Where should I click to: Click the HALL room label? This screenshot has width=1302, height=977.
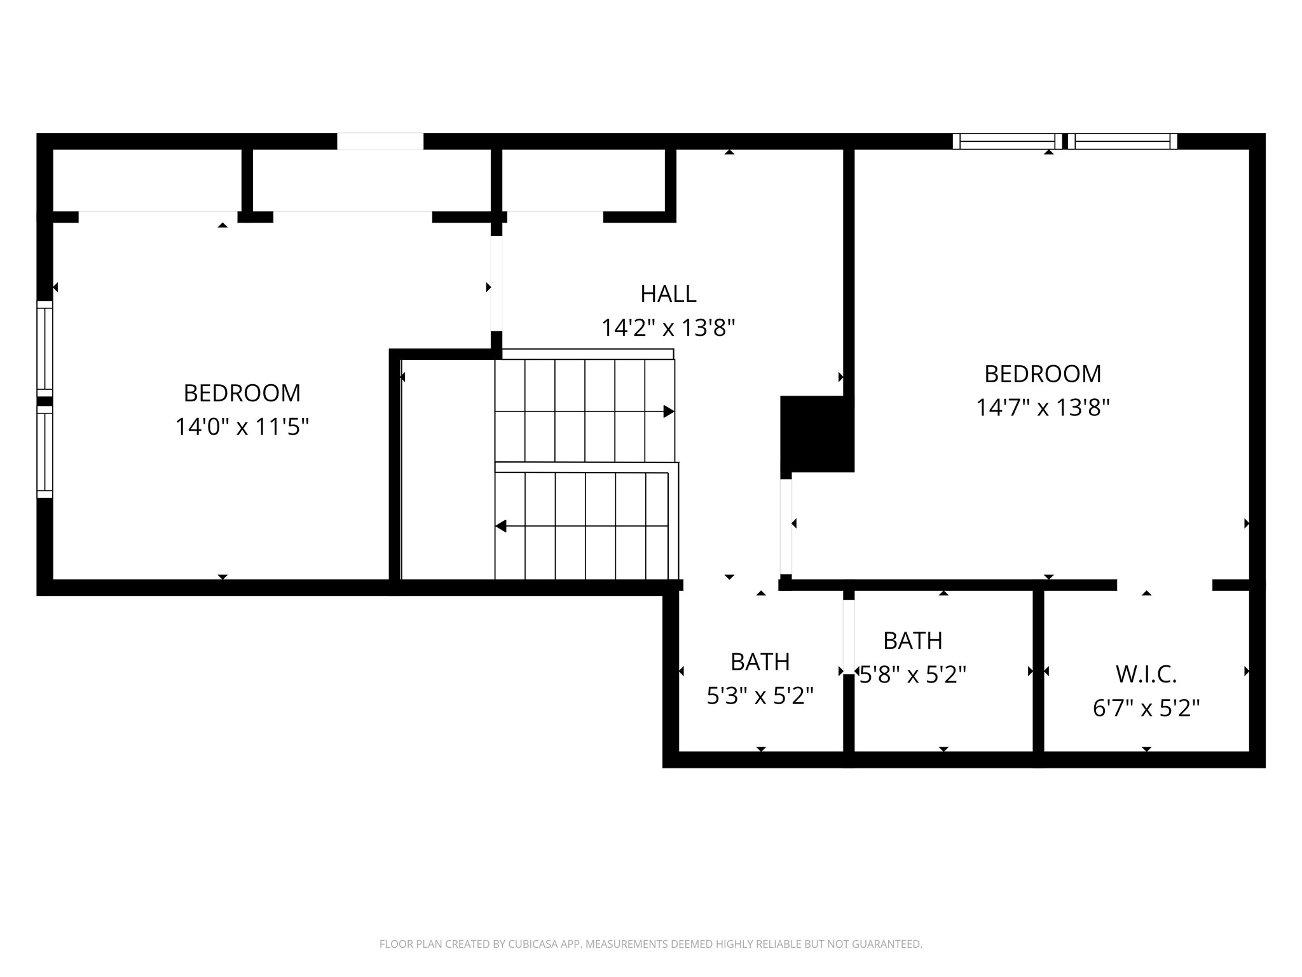click(x=668, y=294)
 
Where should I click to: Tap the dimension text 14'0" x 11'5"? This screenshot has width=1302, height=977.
click(x=242, y=427)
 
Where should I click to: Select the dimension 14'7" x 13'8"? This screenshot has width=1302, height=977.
click(x=1043, y=407)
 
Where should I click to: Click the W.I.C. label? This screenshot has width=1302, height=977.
click(x=1146, y=674)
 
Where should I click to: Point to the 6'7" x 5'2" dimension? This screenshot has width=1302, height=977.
click(x=1146, y=708)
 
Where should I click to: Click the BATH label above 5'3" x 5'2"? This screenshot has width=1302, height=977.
click(x=760, y=662)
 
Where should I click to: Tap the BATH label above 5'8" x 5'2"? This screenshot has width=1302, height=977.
click(x=912, y=641)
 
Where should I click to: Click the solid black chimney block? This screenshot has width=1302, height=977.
click(x=816, y=434)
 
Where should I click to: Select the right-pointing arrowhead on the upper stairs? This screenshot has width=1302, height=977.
click(x=668, y=412)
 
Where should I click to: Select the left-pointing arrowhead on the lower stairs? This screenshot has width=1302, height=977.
click(x=501, y=526)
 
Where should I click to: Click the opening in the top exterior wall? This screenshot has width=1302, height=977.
click(x=380, y=141)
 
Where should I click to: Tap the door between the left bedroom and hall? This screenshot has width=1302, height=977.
click(x=497, y=284)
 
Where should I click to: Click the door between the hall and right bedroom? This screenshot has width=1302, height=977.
click(x=786, y=527)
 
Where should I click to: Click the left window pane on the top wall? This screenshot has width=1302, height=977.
click(x=1006, y=141)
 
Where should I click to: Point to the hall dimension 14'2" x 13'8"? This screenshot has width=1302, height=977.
click(x=668, y=328)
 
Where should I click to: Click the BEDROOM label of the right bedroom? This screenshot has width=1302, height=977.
click(x=1043, y=374)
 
